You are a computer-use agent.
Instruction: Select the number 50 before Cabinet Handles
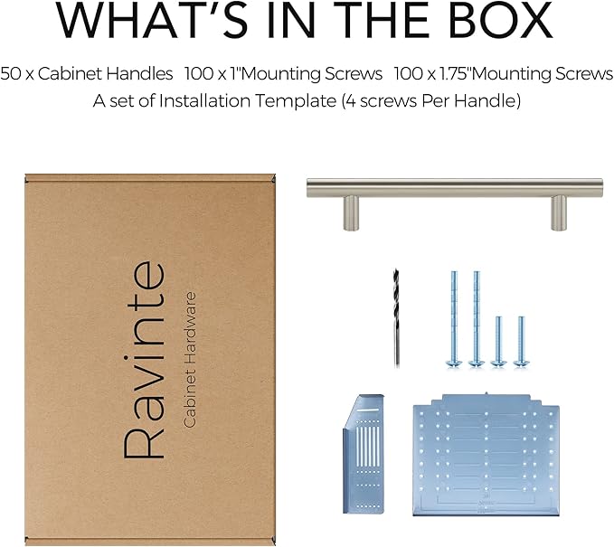click(11, 73)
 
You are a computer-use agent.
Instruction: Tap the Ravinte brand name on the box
click(144, 360)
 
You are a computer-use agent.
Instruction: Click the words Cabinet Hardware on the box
click(190, 360)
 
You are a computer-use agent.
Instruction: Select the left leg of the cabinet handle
click(351, 213)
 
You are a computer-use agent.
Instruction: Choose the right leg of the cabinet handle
click(559, 213)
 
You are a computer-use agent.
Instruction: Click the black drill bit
click(397, 318)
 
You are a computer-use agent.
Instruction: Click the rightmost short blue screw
click(521, 342)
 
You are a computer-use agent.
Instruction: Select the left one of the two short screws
click(498, 342)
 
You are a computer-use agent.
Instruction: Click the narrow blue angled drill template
click(364, 453)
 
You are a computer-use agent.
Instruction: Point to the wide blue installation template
click(486, 454)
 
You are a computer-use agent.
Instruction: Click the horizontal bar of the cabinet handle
click(455, 187)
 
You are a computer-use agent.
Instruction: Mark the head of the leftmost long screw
click(454, 363)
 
